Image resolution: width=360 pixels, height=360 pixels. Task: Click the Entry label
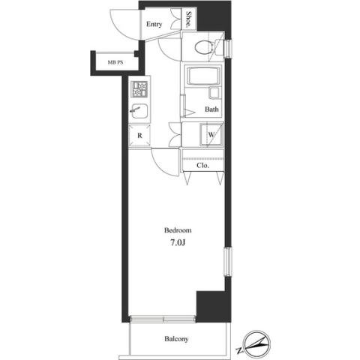pyautogui.click(x=154, y=24)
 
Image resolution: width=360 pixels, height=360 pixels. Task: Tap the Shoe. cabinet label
pyautogui.click(x=188, y=19)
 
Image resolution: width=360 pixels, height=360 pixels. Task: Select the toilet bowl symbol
pyautogui.click(x=204, y=47)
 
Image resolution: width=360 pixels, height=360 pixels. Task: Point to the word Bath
pyautogui.click(x=211, y=109)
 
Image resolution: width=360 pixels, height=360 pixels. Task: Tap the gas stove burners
pyautogui.click(x=139, y=89)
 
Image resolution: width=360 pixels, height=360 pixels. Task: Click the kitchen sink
pyautogui.click(x=139, y=111)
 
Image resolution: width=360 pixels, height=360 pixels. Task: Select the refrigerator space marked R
pyautogui.click(x=139, y=135)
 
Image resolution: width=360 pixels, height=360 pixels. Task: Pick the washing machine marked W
pyautogui.click(x=211, y=134)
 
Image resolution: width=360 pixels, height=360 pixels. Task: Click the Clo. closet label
pyautogui.click(x=202, y=166)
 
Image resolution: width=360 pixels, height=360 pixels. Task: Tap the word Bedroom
pyautogui.click(x=178, y=230)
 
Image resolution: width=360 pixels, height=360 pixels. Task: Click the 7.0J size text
pyautogui.click(x=178, y=242)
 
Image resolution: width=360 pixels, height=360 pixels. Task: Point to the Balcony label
pyautogui.click(x=176, y=339)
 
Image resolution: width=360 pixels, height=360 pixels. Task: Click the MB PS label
pyautogui.click(x=115, y=62)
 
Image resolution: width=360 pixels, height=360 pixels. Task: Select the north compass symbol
pyautogui.click(x=257, y=343)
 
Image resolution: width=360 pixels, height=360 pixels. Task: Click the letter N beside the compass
pyautogui.click(x=239, y=350)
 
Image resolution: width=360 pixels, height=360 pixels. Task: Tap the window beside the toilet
pyautogui.click(x=228, y=48)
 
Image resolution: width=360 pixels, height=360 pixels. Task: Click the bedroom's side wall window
pyautogui.click(x=228, y=262)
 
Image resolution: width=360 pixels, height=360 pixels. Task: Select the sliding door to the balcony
pyautogui.click(x=163, y=319)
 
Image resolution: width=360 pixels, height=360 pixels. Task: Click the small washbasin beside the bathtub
pyautogui.click(x=214, y=93)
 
